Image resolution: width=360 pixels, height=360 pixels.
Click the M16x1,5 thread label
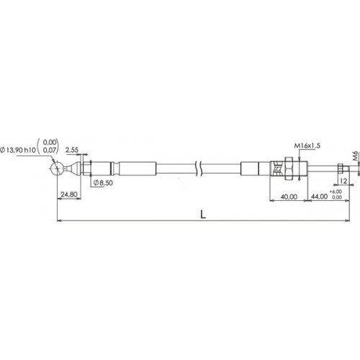(x=307, y=145)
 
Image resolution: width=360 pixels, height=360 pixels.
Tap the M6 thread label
(x=356, y=156)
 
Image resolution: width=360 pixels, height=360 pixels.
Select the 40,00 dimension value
(x=289, y=197)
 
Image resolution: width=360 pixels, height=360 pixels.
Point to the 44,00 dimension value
(x=320, y=197)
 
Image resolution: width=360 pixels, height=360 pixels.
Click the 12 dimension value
(x=343, y=181)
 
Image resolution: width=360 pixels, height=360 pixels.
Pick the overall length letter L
(x=203, y=215)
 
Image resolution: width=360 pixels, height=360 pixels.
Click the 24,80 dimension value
(x=69, y=194)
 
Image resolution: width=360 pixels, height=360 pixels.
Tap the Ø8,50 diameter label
(x=103, y=183)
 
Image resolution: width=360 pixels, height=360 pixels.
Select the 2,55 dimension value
(x=72, y=150)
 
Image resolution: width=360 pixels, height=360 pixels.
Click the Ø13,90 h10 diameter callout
(x=18, y=150)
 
